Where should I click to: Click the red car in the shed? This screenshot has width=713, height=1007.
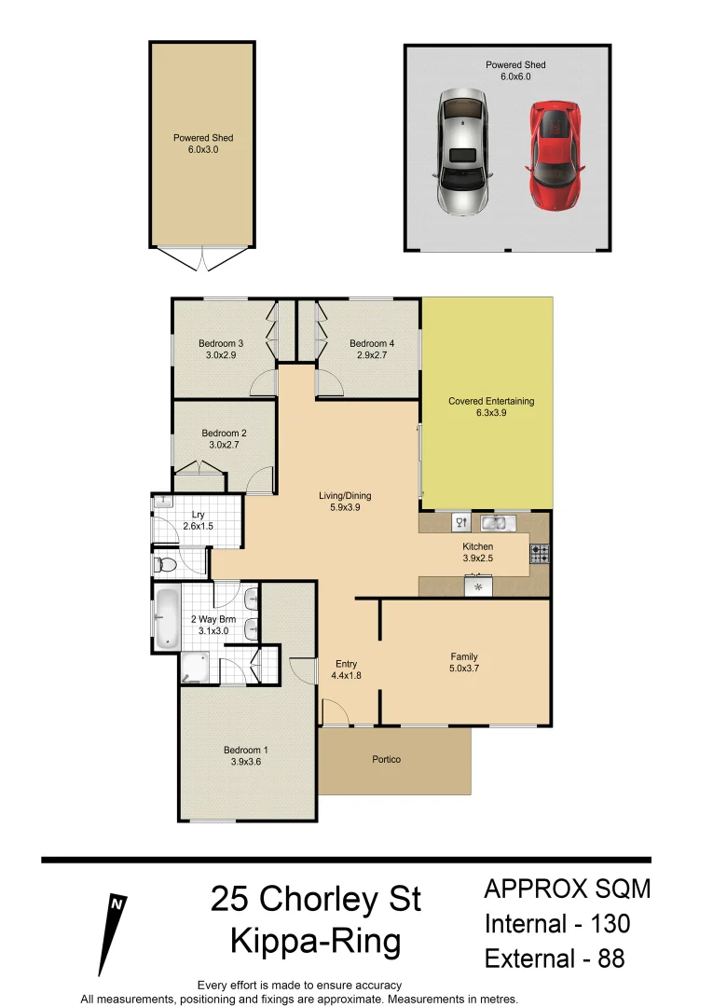(555, 155)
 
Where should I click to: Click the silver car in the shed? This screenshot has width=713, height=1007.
(461, 152)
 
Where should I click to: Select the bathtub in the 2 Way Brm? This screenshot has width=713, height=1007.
(167, 618)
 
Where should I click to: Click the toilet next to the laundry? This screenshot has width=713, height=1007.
(166, 564)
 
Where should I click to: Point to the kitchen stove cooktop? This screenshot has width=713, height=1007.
(540, 553)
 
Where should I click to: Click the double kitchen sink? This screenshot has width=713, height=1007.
(493, 522)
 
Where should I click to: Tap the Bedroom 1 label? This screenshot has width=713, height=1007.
(245, 750)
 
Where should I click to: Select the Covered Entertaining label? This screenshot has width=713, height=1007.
(491, 401)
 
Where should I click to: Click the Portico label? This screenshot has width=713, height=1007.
(386, 759)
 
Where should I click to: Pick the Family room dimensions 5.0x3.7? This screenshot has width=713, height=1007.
(463, 668)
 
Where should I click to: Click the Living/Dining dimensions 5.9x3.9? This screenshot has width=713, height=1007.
(346, 508)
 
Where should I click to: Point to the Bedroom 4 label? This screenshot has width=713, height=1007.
(372, 343)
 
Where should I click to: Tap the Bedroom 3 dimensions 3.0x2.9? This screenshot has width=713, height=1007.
(221, 354)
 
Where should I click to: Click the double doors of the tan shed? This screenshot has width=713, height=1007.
(202, 258)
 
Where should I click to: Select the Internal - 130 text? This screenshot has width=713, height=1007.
(557, 924)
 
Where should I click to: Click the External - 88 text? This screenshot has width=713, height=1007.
(554, 958)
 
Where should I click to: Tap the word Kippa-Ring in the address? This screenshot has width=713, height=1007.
(316, 941)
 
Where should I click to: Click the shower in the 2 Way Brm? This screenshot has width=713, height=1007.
(197, 667)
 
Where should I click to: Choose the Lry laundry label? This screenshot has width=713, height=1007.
(198, 515)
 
